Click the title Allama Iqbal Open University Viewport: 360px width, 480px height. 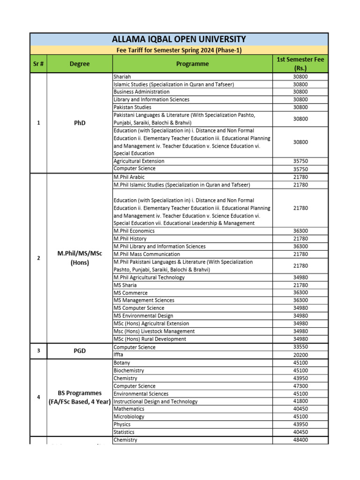coord(179,39)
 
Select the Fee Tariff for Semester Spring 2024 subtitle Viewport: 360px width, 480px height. coord(179,50)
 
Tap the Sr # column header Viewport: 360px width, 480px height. coord(38,64)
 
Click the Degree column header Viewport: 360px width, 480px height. coord(80,64)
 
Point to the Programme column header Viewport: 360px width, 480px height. coord(193,64)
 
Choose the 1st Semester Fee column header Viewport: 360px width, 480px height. coord(300,64)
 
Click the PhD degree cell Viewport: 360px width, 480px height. coord(80,123)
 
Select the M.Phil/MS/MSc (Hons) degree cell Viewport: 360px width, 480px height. coord(80,258)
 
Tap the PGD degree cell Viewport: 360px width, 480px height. coord(80,351)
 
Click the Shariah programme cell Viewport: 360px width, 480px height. coord(122,76)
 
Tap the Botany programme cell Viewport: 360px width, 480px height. coord(122,363)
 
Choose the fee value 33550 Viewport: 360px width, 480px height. coord(300,347)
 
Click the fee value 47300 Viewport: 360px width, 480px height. coord(300,386)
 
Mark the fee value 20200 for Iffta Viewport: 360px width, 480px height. coord(300,355)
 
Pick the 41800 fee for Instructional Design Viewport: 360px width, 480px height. coord(300,401)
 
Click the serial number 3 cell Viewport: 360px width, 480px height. coord(38,351)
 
